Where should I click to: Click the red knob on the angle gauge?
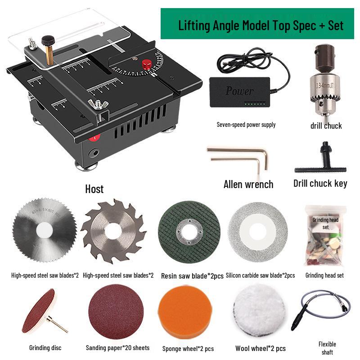(x=147, y=64)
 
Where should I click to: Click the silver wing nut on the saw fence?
(x=95, y=104)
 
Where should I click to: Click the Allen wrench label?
(x=248, y=184)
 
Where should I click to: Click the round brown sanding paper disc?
(x=116, y=312)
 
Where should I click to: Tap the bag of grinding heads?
(x=324, y=236)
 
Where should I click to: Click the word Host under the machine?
(x=94, y=189)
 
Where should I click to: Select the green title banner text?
(x=261, y=25)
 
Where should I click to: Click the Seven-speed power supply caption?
(x=246, y=125)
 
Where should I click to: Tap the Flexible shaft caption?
(x=327, y=348)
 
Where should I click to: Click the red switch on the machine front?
(x=94, y=138)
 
